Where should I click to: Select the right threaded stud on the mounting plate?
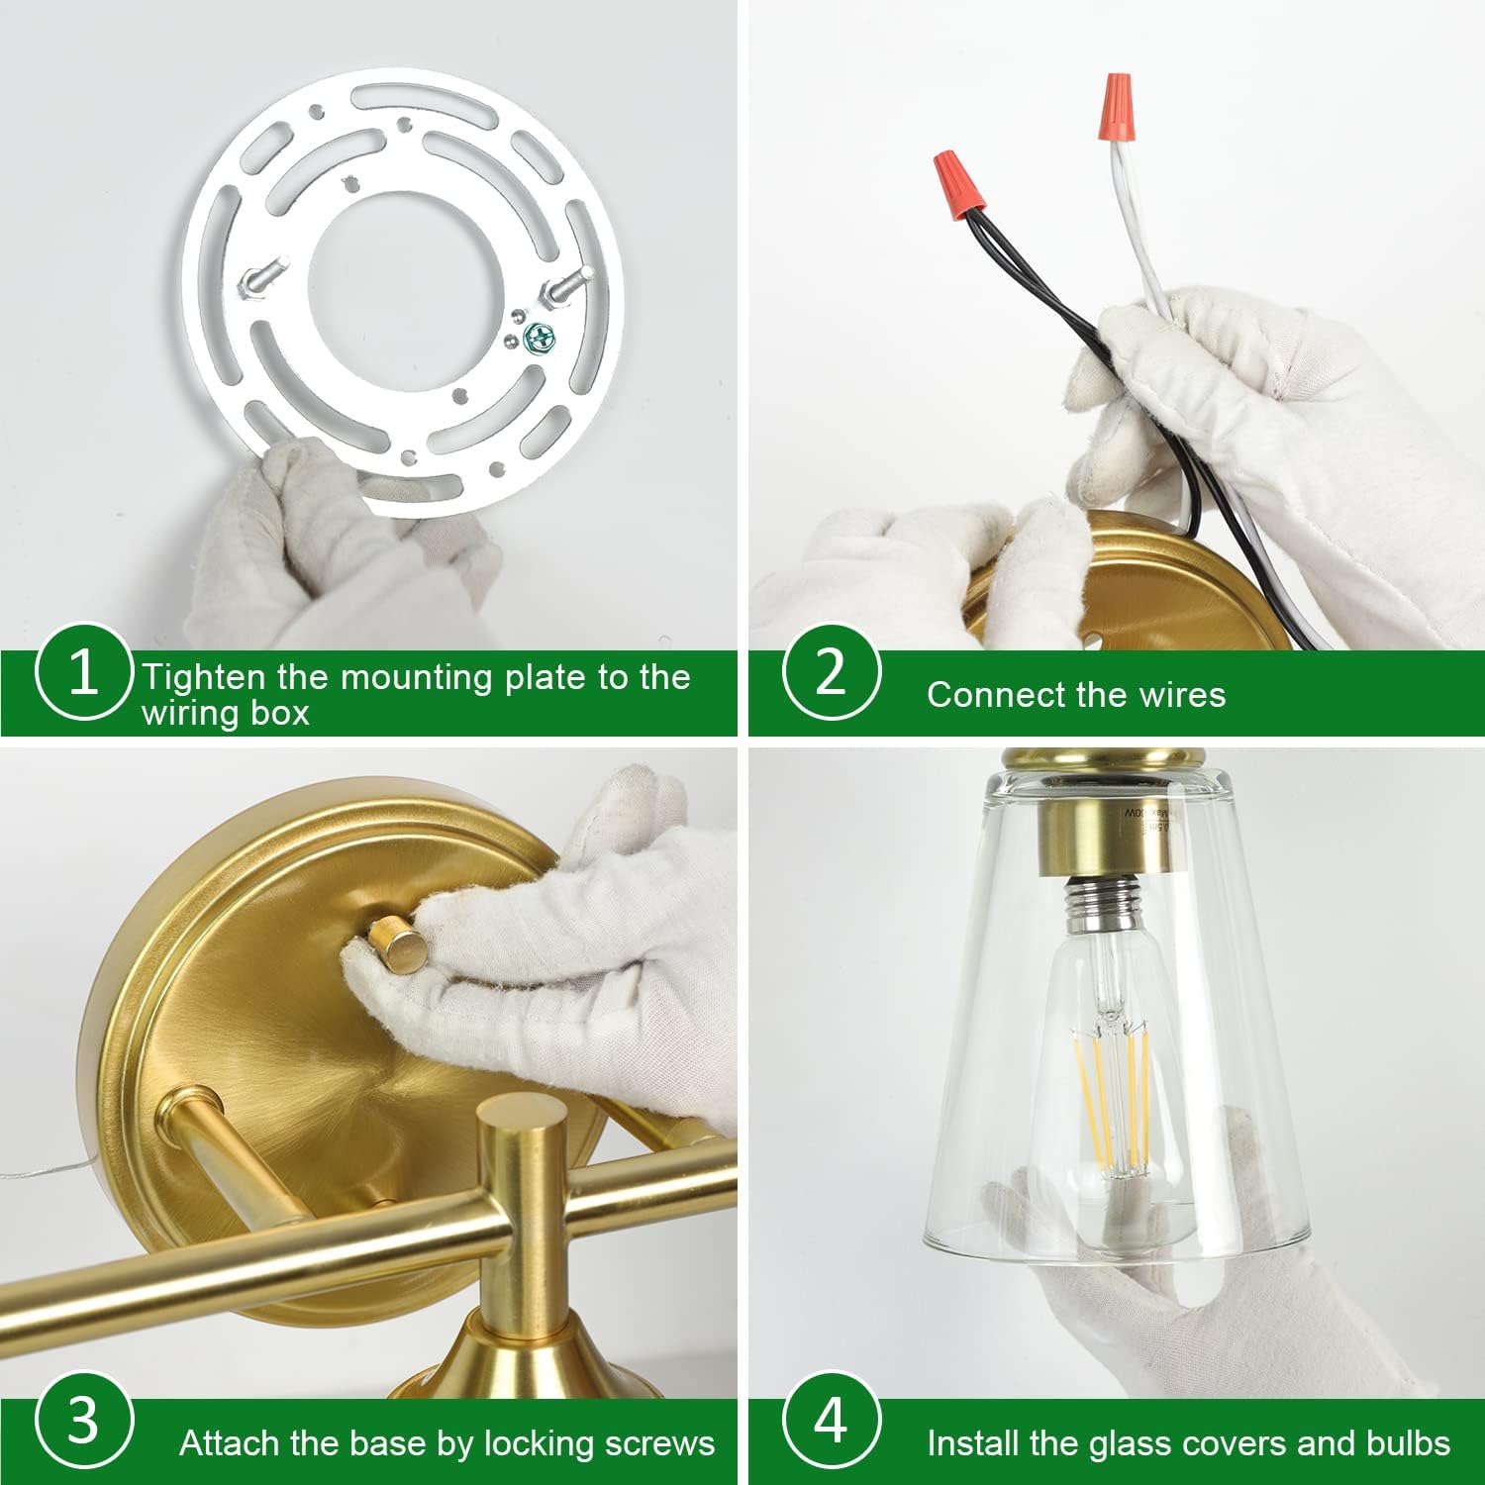555,290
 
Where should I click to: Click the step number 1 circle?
83,674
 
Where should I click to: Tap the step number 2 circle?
831,672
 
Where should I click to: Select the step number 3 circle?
83,1422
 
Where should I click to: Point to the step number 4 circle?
831,1421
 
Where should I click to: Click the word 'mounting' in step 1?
418,678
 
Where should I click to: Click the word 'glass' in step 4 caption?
1130,1443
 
